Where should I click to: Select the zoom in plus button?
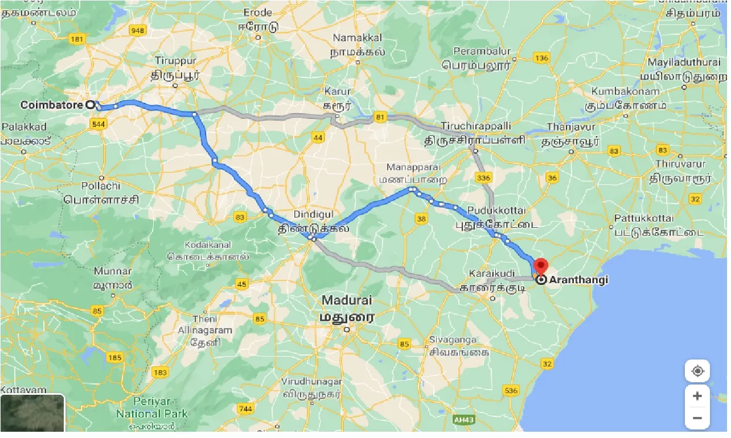click(x=697, y=395)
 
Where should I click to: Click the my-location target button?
click(x=697, y=371)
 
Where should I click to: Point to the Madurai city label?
click(x=346, y=300)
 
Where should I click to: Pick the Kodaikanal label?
click(x=208, y=245)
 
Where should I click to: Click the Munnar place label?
click(x=113, y=271)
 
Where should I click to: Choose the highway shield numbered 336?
click(x=483, y=178)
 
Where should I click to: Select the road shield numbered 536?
click(x=511, y=390)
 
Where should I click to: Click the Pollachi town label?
click(x=101, y=186)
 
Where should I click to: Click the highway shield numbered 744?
click(x=245, y=408)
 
